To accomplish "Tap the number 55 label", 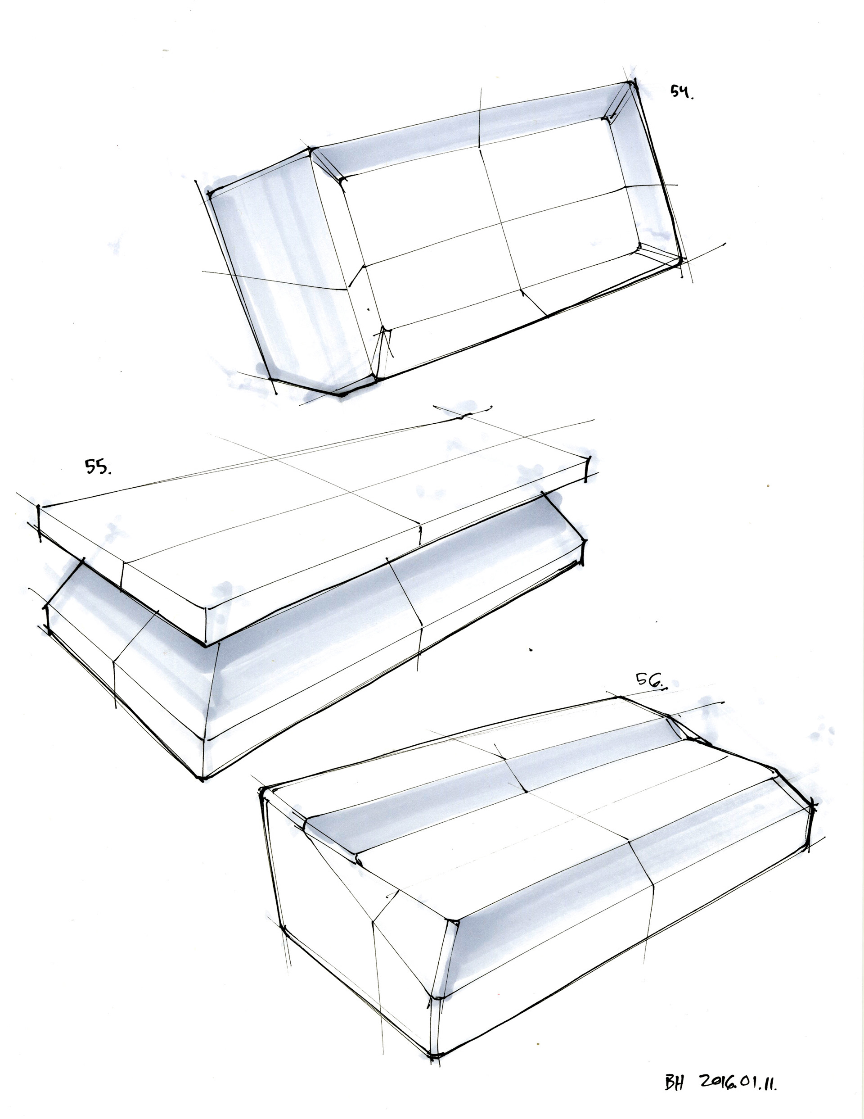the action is pyautogui.click(x=98, y=467).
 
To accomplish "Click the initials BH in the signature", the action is pyautogui.click(x=675, y=1083).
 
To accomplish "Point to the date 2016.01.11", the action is pyautogui.click(x=738, y=1083).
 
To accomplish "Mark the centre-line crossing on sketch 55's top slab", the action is pyautogui.click(x=351, y=492).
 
